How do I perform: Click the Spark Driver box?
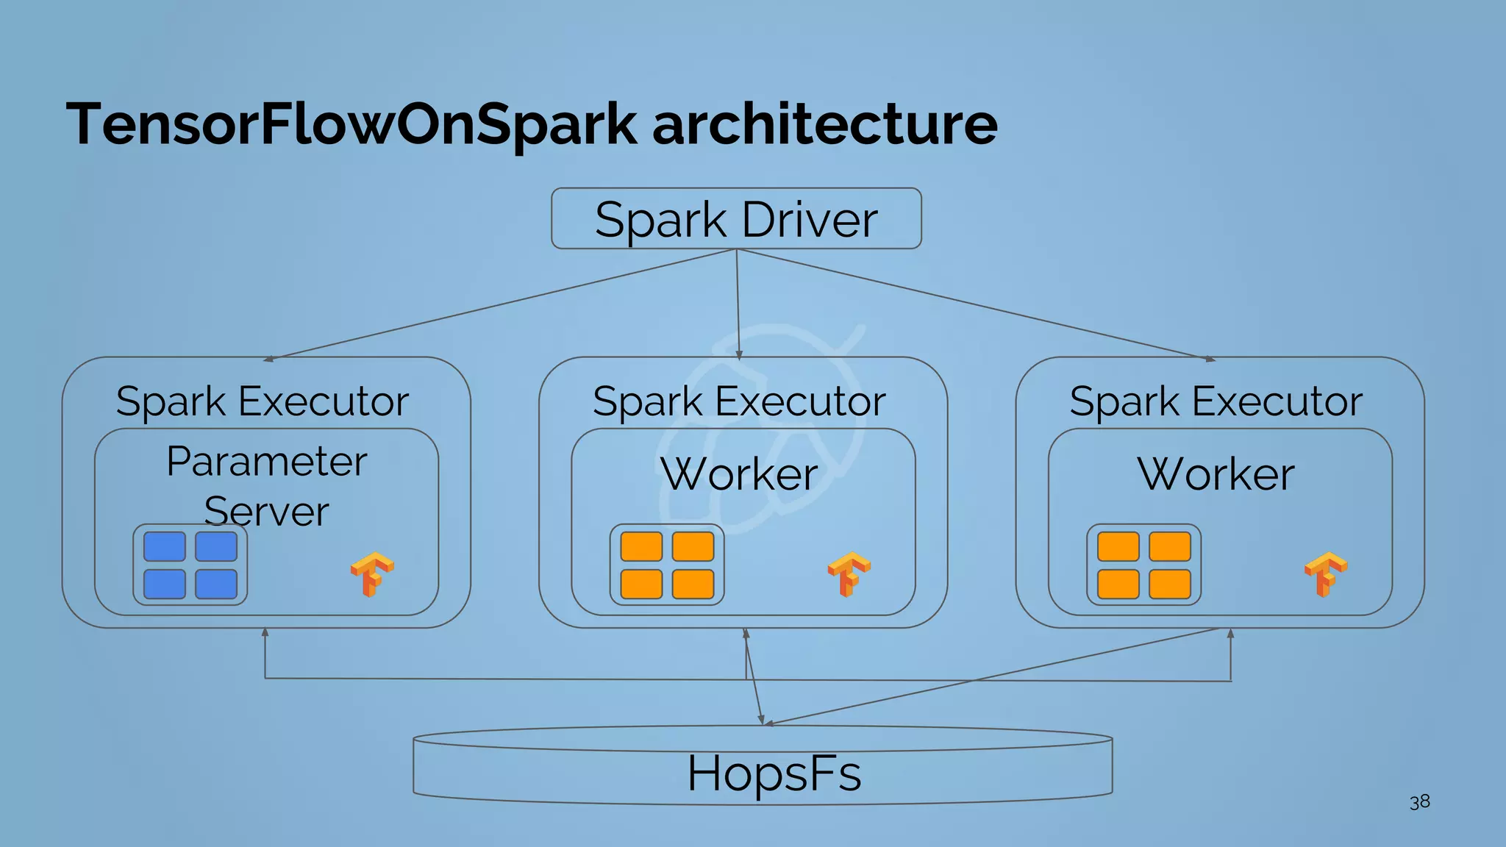click(736, 218)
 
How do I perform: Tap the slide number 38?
click(1419, 801)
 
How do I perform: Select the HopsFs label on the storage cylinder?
click(774, 773)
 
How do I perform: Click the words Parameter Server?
click(266, 485)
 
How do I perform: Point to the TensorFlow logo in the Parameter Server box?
click(372, 574)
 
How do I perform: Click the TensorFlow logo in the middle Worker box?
click(849, 574)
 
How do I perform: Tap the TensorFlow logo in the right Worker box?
click(1326, 574)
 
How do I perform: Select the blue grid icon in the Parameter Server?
click(190, 565)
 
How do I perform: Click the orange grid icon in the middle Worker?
click(667, 565)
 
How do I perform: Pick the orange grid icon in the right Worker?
click(1143, 565)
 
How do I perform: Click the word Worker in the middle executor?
click(739, 474)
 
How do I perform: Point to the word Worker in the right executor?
click(1216, 474)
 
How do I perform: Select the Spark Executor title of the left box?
click(263, 401)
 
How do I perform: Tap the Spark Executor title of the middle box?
click(739, 401)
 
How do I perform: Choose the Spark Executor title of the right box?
click(1216, 401)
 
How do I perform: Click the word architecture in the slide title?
click(824, 124)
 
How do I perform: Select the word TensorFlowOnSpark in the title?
click(351, 124)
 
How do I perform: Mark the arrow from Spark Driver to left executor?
click(500, 304)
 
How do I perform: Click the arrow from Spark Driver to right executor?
click(974, 304)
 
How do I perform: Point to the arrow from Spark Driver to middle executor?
click(738, 304)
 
